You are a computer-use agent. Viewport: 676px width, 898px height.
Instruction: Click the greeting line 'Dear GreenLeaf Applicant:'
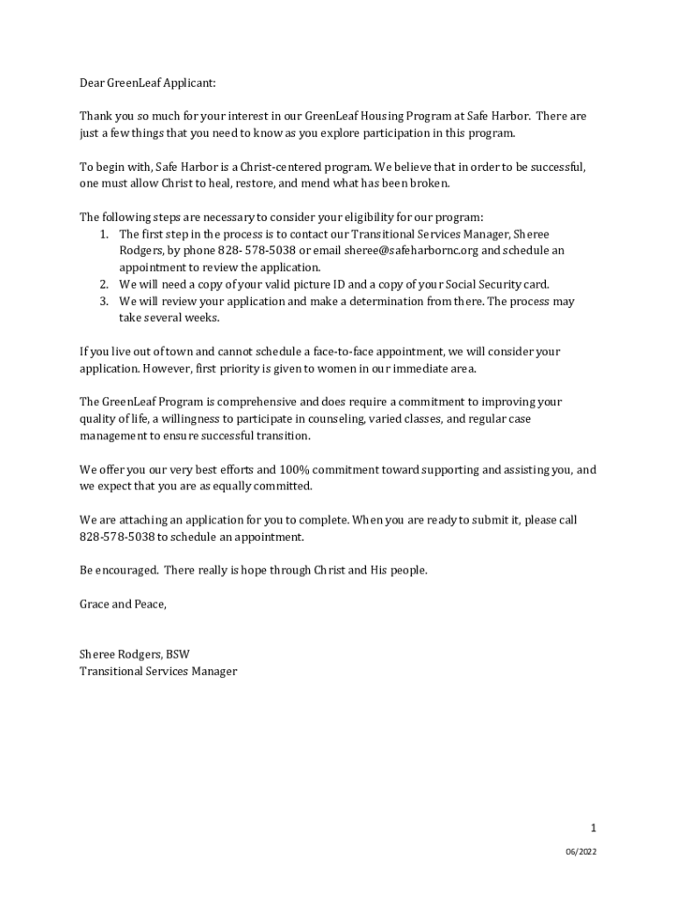pyautogui.click(x=147, y=82)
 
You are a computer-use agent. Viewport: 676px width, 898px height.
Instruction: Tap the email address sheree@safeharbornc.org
pyautogui.click(x=411, y=251)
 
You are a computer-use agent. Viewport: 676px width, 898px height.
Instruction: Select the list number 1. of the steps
pyautogui.click(x=103, y=234)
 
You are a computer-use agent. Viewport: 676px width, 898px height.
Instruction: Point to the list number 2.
pyautogui.click(x=103, y=284)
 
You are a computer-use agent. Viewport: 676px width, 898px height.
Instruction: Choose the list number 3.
pyautogui.click(x=103, y=302)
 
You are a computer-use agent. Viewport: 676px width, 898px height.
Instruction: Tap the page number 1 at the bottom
pyautogui.click(x=593, y=828)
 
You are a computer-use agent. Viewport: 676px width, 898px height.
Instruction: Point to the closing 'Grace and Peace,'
pyautogui.click(x=123, y=604)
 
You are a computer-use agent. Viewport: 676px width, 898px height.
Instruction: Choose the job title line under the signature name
pyautogui.click(x=159, y=672)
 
